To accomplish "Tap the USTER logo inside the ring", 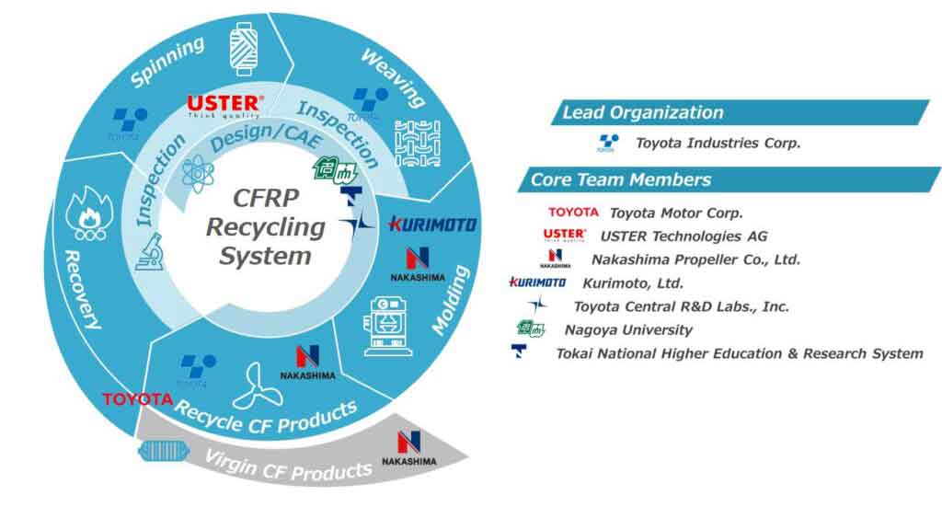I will point(225,105).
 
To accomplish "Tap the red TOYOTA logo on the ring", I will point(137,399).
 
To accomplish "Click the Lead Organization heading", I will point(642,113).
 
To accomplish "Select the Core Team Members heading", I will point(621,179).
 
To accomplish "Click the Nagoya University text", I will point(627,329).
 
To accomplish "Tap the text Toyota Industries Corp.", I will point(718,143).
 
